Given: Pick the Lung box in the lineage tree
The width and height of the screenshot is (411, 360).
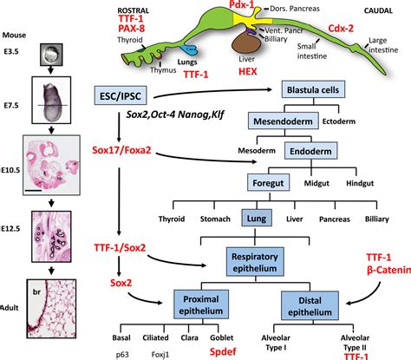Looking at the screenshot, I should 260,215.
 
